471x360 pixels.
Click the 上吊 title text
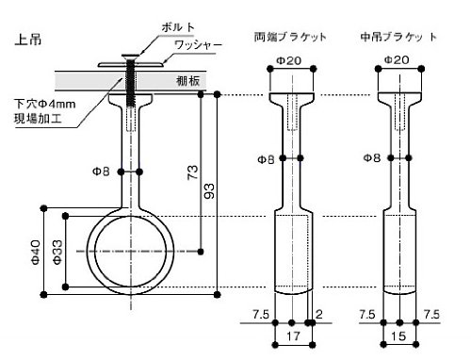pyautogui.click(x=28, y=40)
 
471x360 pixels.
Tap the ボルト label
pyautogui.click(x=178, y=27)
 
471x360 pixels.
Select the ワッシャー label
pyautogui.click(x=198, y=45)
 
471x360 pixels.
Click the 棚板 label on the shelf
pyautogui.click(x=187, y=81)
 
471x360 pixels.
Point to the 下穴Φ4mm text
pyautogui.click(x=44, y=104)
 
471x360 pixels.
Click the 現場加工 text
pyautogui.click(x=38, y=119)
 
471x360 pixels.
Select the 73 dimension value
pyautogui.click(x=192, y=172)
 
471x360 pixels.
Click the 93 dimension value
pyautogui.click(x=209, y=191)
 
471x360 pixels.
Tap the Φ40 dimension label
pyautogui.click(x=36, y=252)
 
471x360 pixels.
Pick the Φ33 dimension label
pyautogui.click(x=57, y=252)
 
